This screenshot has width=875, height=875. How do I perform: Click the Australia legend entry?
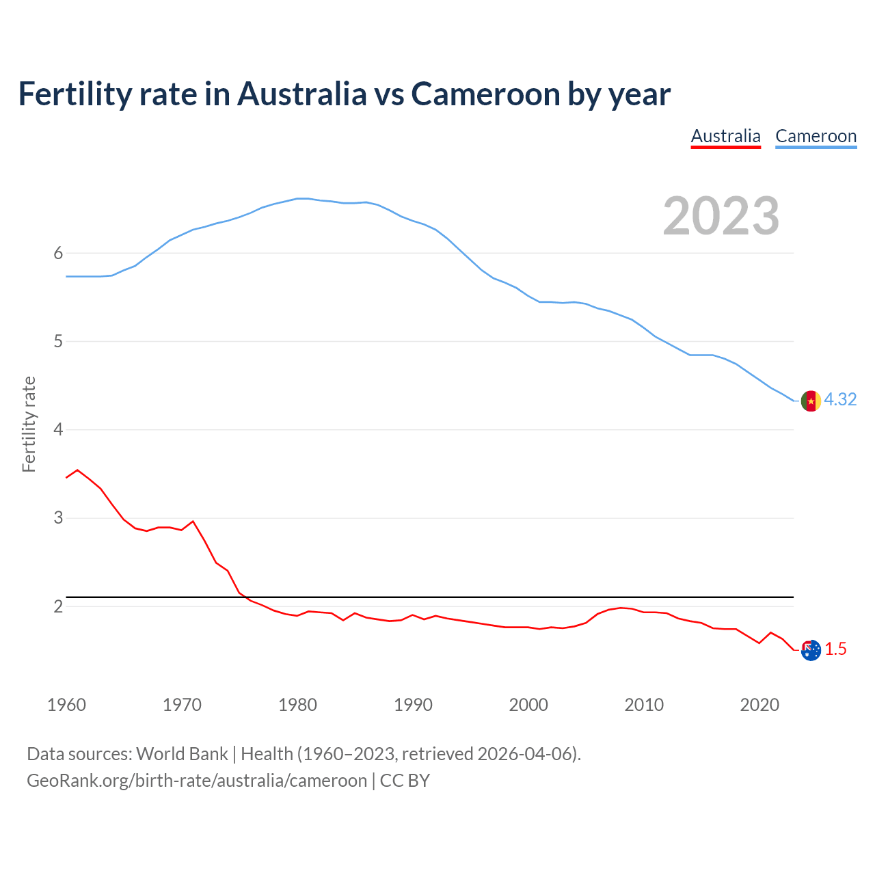pyautogui.click(x=725, y=136)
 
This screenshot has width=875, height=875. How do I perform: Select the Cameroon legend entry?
pyautogui.click(x=816, y=136)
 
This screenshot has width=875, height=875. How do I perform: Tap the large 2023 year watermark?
pyautogui.click(x=721, y=216)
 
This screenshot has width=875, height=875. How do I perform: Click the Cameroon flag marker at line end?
pyautogui.click(x=811, y=401)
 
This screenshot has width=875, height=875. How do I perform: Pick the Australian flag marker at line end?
pyautogui.click(x=811, y=650)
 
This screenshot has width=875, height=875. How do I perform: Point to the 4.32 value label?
pyautogui.click(x=840, y=400)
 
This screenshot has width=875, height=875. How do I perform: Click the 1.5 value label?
pyautogui.click(x=835, y=649)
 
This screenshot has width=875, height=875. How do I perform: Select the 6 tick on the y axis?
pyautogui.click(x=58, y=254)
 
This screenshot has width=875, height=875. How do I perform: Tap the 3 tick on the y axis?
pyautogui.click(x=58, y=518)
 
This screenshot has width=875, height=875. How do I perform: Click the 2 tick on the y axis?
pyautogui.click(x=58, y=606)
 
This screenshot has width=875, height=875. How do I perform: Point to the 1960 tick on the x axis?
pyautogui.click(x=66, y=705)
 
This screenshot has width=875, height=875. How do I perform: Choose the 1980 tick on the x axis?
pyautogui.click(x=297, y=705)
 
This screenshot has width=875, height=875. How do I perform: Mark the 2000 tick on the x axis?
pyautogui.click(x=528, y=705)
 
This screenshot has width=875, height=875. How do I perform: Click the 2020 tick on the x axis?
pyautogui.click(x=759, y=705)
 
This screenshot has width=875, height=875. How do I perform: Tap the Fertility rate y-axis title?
pyautogui.click(x=29, y=424)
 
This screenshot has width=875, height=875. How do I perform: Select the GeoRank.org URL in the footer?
pyautogui.click(x=197, y=781)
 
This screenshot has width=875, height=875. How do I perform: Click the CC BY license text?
pyautogui.click(x=405, y=781)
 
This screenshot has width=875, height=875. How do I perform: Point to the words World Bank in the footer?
pyautogui.click(x=182, y=754)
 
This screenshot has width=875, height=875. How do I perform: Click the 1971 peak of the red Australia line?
pyautogui.click(x=193, y=522)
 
